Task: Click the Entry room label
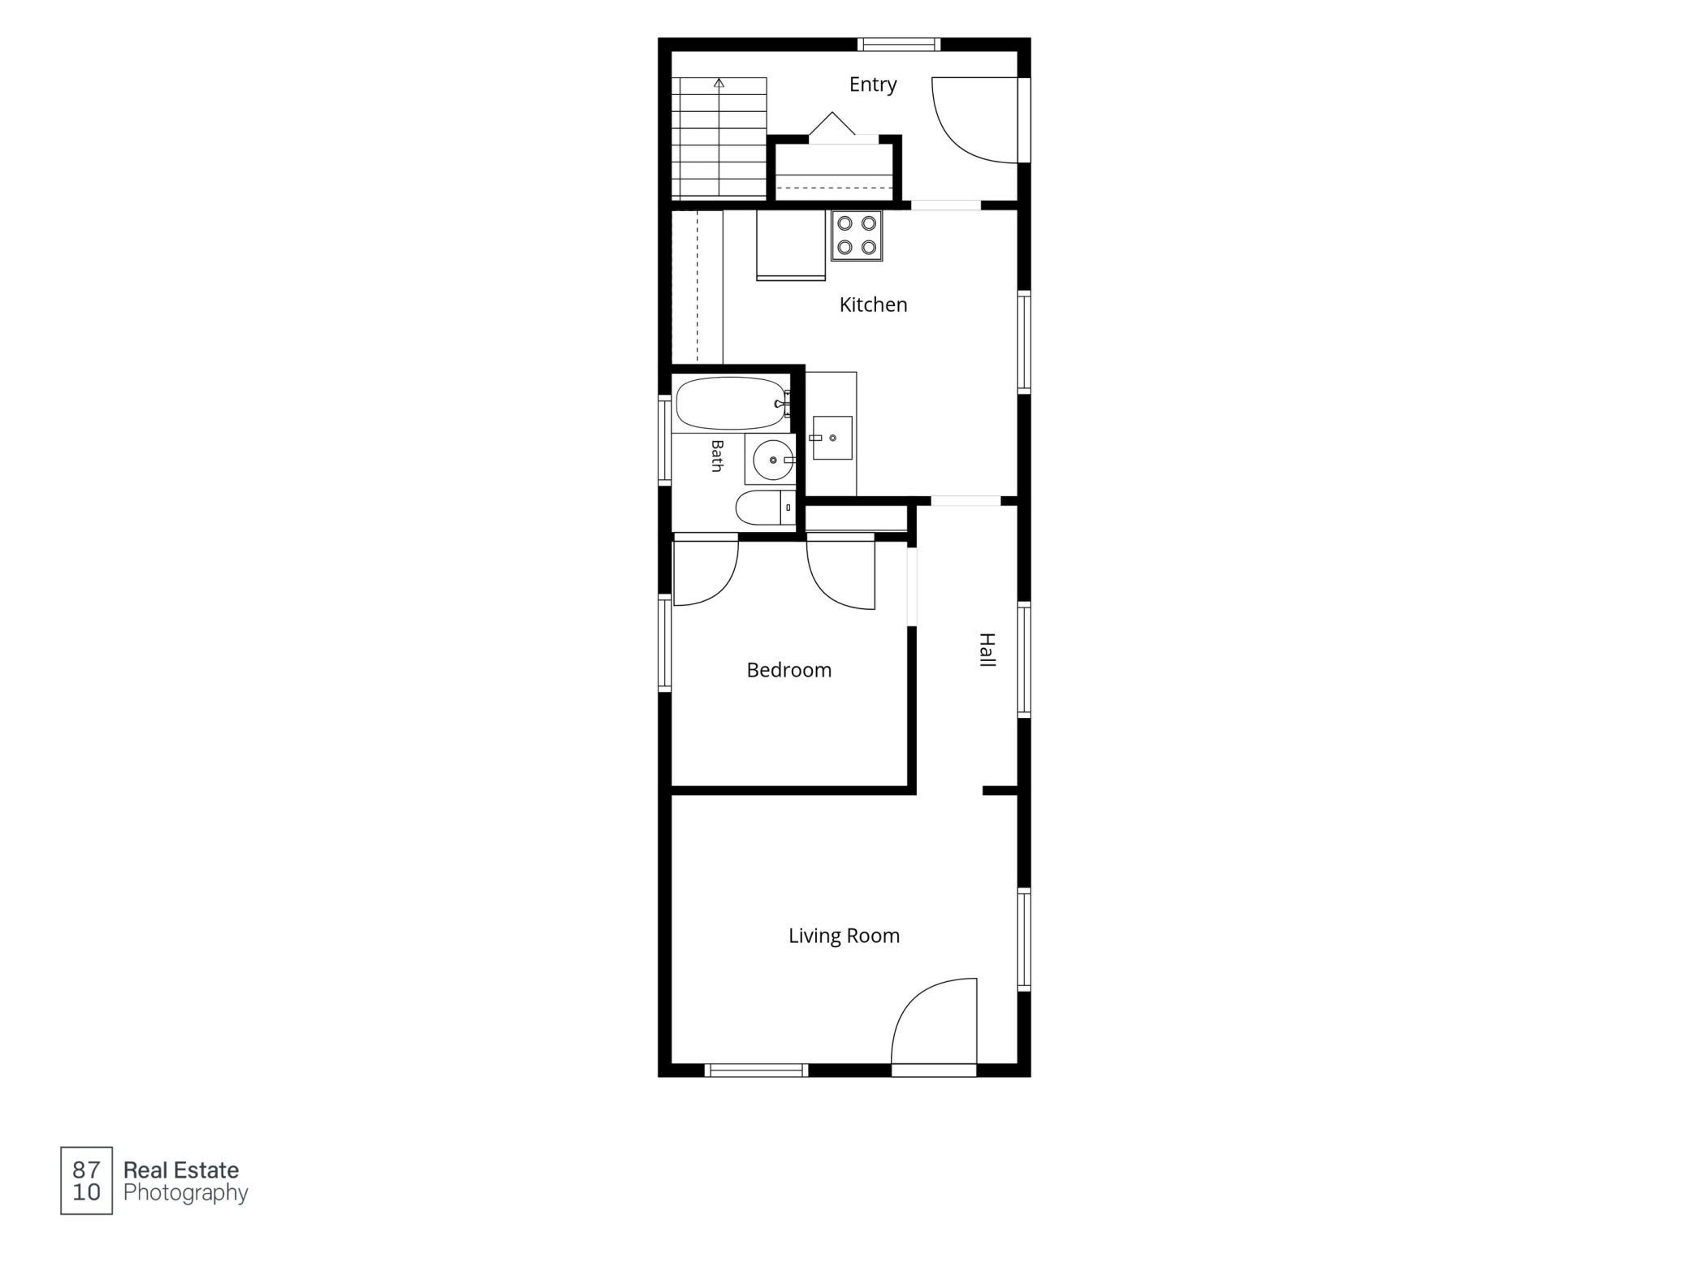[873, 85]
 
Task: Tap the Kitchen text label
[873, 305]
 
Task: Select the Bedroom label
[789, 670]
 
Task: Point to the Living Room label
[844, 936]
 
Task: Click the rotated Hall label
[987, 650]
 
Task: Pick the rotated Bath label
[717, 456]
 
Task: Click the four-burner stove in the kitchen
[857, 236]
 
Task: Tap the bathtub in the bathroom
[732, 403]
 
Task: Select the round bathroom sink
[772, 461]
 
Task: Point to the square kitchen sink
[832, 438]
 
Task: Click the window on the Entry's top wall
[899, 45]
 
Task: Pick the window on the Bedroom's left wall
[665, 643]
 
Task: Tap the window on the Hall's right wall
[1024, 659]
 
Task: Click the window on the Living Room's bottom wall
[757, 1070]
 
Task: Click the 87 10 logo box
[86, 1181]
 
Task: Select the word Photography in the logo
[185, 1193]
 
